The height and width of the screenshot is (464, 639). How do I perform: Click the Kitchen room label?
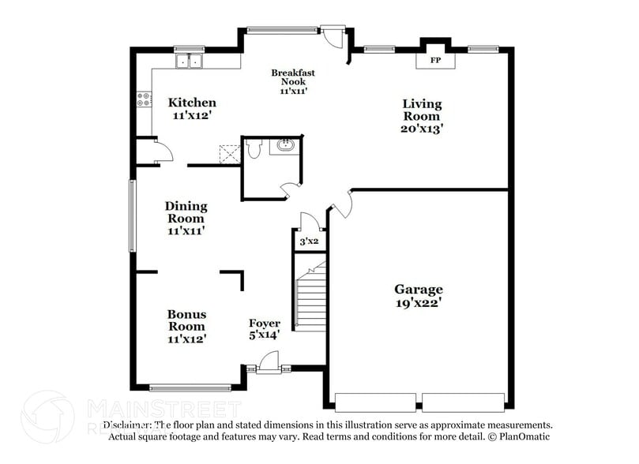click(x=192, y=109)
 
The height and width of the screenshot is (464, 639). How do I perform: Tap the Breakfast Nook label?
click(x=293, y=81)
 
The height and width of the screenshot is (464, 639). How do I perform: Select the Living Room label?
click(x=422, y=116)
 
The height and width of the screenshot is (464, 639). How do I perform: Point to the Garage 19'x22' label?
click(x=419, y=295)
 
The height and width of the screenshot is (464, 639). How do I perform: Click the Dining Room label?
click(x=186, y=219)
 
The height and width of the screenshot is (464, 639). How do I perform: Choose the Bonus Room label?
click(x=186, y=326)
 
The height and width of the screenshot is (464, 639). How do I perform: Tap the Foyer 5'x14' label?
click(x=264, y=328)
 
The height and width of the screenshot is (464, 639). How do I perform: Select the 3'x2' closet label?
click(x=309, y=241)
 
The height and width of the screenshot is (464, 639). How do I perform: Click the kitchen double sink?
click(x=189, y=61)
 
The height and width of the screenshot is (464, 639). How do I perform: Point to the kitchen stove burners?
click(x=145, y=99)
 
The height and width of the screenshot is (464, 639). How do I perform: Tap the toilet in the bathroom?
click(x=254, y=148)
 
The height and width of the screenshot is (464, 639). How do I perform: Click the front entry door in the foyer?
click(x=269, y=364)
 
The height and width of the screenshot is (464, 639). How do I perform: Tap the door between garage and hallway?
click(x=343, y=204)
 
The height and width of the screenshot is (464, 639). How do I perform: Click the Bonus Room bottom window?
click(x=190, y=387)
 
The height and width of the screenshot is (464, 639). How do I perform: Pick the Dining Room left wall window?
click(x=132, y=215)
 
